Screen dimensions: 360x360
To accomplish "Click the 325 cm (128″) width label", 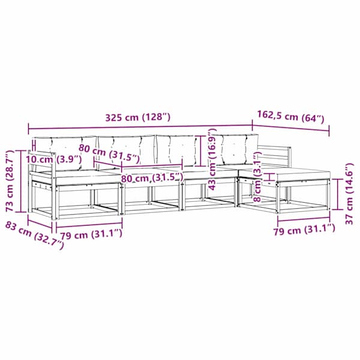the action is point(138,118).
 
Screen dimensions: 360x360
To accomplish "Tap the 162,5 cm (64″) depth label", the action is point(290,117).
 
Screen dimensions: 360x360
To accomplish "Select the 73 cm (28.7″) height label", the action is point(10,181).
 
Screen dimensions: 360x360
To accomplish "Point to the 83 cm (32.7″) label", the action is point(34,235).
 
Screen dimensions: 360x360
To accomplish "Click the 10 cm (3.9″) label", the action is point(53,159).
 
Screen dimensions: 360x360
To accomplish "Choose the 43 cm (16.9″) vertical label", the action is point(212,160).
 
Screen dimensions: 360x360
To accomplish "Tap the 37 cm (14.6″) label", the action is point(350,194).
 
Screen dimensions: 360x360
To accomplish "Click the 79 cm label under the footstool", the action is point(304,229).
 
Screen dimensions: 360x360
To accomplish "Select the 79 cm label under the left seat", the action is point(91,235).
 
